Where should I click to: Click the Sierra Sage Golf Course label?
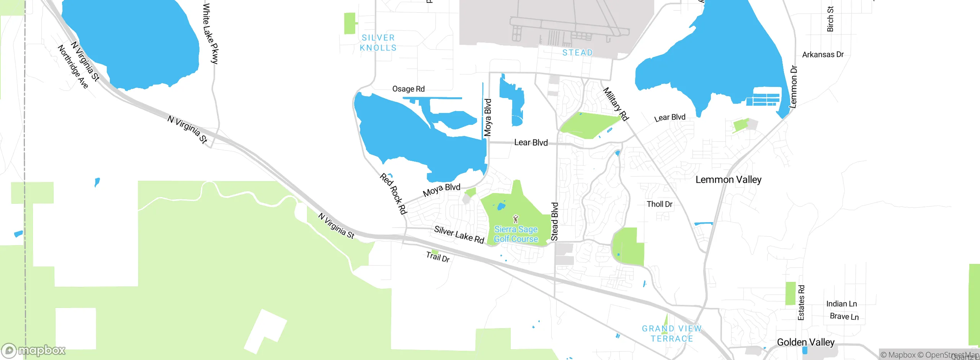(516, 234)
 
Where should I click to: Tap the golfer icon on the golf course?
(516, 219)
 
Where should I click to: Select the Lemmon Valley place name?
(728, 180)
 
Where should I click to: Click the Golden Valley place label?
(805, 342)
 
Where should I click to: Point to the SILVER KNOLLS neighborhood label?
(378, 43)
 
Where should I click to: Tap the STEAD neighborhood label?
(577, 52)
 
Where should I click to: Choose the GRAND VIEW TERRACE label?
(672, 334)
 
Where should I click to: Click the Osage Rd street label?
(408, 89)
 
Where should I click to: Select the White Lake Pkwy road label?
(210, 33)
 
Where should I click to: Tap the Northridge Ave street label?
(73, 66)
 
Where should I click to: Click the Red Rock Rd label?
(393, 193)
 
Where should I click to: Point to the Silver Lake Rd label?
(459, 234)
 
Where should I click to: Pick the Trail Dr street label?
(438, 257)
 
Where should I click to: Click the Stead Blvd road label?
(554, 221)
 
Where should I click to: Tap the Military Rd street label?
(616, 104)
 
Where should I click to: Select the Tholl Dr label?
(659, 204)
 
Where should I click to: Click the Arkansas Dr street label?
(823, 54)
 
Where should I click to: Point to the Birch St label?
(830, 19)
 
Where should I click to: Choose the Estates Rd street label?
(801, 302)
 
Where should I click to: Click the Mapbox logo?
(34, 350)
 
